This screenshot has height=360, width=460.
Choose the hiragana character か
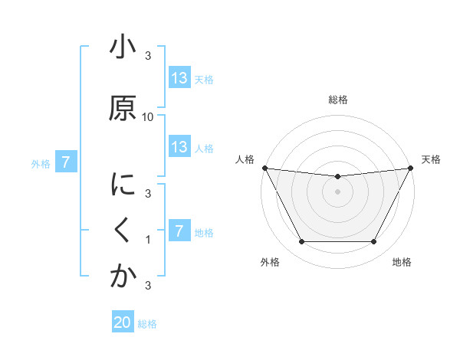pos(122,276)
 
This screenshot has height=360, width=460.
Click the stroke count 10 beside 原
pos(148,117)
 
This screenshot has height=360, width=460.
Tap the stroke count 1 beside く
pos(148,240)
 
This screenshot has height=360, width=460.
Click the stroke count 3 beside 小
pos(148,56)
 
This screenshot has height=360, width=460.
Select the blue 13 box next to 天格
pos(179,78)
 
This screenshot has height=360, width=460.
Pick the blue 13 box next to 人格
pos(179,147)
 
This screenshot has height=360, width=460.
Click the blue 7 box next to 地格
pos(179,231)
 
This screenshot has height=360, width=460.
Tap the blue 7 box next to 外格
pos(67,162)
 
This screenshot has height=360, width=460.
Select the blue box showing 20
pos(123,323)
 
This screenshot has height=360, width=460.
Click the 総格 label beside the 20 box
pos(147,324)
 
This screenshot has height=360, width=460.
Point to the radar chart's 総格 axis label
pos(337,100)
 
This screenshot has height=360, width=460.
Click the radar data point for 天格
pos(411,168)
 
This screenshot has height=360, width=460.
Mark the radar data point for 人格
pos(264,168)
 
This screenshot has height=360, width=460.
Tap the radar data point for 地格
pos(373,242)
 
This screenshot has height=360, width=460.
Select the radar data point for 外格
pos(301,242)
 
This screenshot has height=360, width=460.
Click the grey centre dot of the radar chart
pos(337,191)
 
